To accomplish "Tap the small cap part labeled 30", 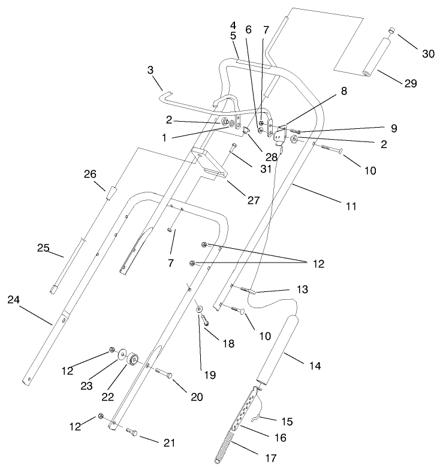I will pos(390,30).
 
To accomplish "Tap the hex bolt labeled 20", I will pos(164,373).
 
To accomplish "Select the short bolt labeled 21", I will pos(132,432).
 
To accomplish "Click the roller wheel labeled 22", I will pos(132,358).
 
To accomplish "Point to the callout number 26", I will pos(91,175).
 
